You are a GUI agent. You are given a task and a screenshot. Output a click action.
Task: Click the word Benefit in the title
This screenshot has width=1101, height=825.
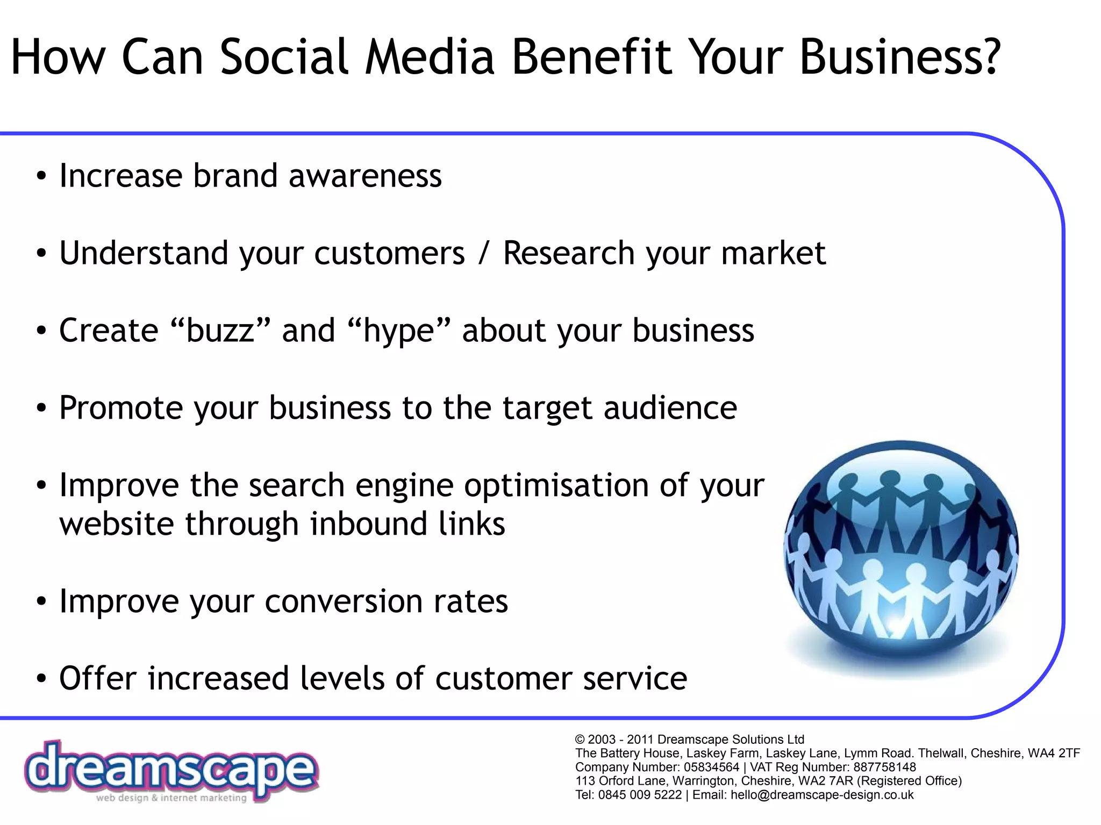point(591,57)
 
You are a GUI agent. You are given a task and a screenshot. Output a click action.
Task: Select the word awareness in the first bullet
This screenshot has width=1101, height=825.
point(365,176)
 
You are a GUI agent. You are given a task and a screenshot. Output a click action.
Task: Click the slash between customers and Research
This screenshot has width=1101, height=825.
point(484,253)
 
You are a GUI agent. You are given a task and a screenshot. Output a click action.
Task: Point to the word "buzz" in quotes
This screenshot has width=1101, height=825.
point(220,330)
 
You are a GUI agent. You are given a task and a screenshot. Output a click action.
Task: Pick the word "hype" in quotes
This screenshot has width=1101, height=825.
point(398,330)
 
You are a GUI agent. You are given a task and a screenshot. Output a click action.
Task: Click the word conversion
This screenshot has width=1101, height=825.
point(344,601)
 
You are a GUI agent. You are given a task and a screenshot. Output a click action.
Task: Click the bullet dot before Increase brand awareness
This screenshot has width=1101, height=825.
point(41,177)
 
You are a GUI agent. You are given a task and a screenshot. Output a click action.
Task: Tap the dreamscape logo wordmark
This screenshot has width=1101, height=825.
point(171,769)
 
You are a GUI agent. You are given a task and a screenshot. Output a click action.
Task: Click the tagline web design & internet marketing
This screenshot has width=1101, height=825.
point(171,798)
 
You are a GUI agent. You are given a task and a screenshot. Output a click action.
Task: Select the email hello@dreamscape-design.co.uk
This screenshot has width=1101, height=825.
point(821,795)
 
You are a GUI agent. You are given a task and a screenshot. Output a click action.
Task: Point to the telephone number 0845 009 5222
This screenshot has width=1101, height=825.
point(640,795)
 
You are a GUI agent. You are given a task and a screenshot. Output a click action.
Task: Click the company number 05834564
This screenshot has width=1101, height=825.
point(711,767)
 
